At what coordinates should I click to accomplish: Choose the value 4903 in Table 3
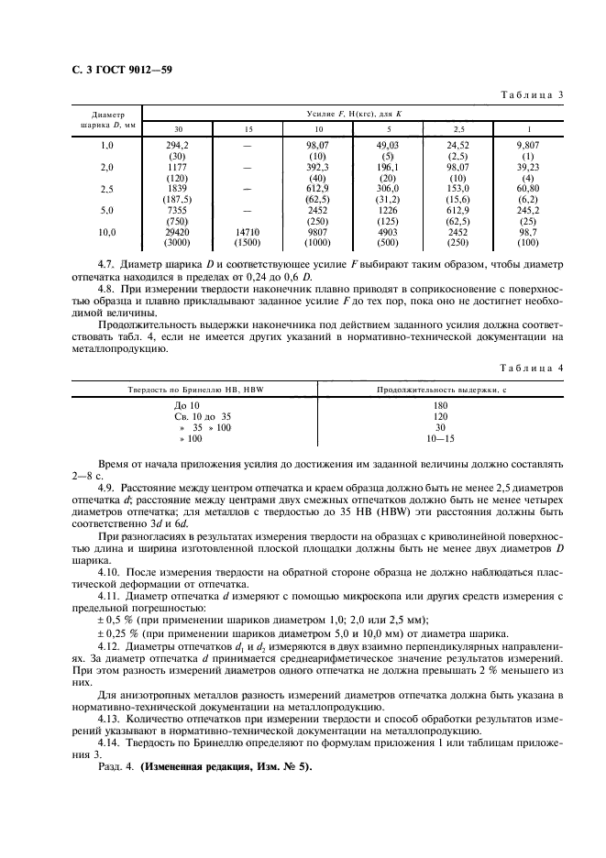388,233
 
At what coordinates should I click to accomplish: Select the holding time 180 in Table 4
441,404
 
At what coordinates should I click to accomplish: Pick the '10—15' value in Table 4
441,440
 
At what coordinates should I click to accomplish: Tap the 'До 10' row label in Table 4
186,404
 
